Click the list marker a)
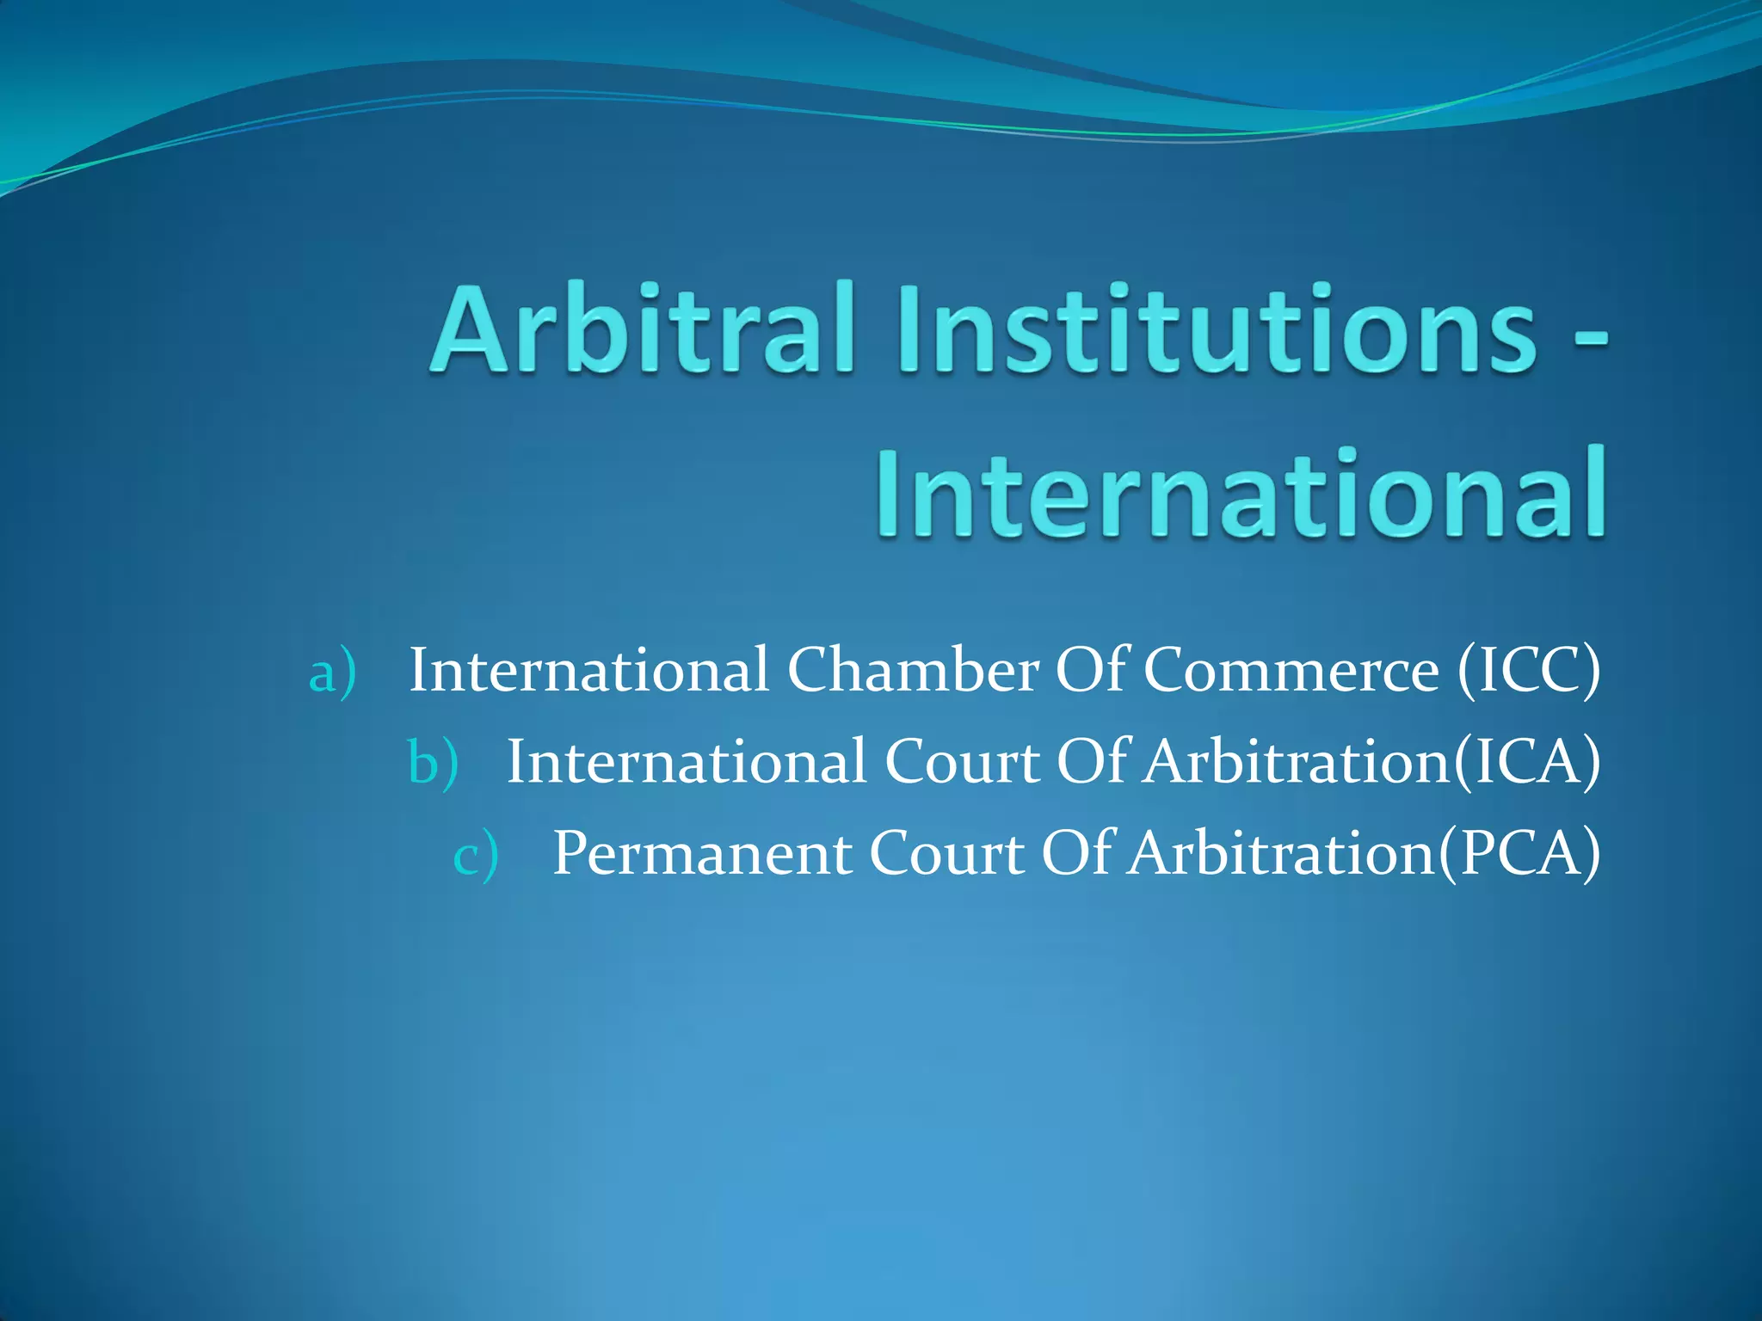point(332,672)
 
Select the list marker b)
point(433,763)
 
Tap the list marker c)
point(476,855)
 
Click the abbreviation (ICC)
point(1529,670)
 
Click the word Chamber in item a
point(913,670)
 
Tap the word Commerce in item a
point(1291,670)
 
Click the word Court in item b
point(962,762)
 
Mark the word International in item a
point(588,670)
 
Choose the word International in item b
point(687,762)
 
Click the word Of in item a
point(1091,670)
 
